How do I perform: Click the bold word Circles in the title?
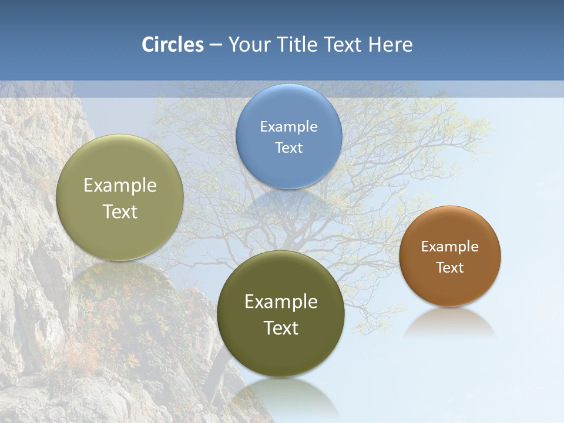click(x=173, y=45)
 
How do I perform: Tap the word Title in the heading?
click(x=297, y=45)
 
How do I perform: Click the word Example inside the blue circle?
click(x=288, y=126)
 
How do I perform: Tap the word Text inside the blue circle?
click(x=288, y=147)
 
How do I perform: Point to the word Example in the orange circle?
click(x=449, y=247)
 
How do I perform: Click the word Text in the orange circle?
click(x=449, y=268)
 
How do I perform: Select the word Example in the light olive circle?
click(x=120, y=186)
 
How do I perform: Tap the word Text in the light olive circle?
click(x=120, y=211)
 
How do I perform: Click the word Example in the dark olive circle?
click(x=281, y=302)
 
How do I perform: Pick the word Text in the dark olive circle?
click(x=281, y=328)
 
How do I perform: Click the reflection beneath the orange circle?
click(x=449, y=323)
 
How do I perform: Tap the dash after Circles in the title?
click(x=216, y=45)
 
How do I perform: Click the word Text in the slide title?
click(x=344, y=45)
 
